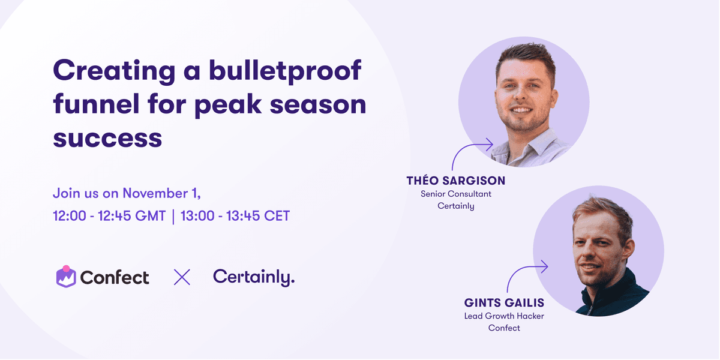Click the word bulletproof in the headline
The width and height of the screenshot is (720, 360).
coord(285,71)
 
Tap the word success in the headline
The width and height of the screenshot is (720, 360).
coord(107,139)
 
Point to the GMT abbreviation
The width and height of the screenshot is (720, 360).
coord(150,215)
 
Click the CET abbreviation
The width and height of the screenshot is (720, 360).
coord(277,215)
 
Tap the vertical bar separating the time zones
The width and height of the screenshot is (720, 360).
coord(173,217)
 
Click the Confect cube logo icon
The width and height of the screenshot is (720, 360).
coord(66,277)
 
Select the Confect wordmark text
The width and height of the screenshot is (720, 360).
coord(115,277)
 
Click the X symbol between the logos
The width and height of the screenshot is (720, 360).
coord(182,277)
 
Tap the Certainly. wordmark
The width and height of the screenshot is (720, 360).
coord(254,277)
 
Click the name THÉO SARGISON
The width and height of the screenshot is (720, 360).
coord(456,181)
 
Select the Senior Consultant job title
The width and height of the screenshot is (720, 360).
coord(456,194)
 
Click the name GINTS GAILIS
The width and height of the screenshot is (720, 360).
coord(504,303)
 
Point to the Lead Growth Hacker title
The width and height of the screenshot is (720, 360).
coord(504,316)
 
